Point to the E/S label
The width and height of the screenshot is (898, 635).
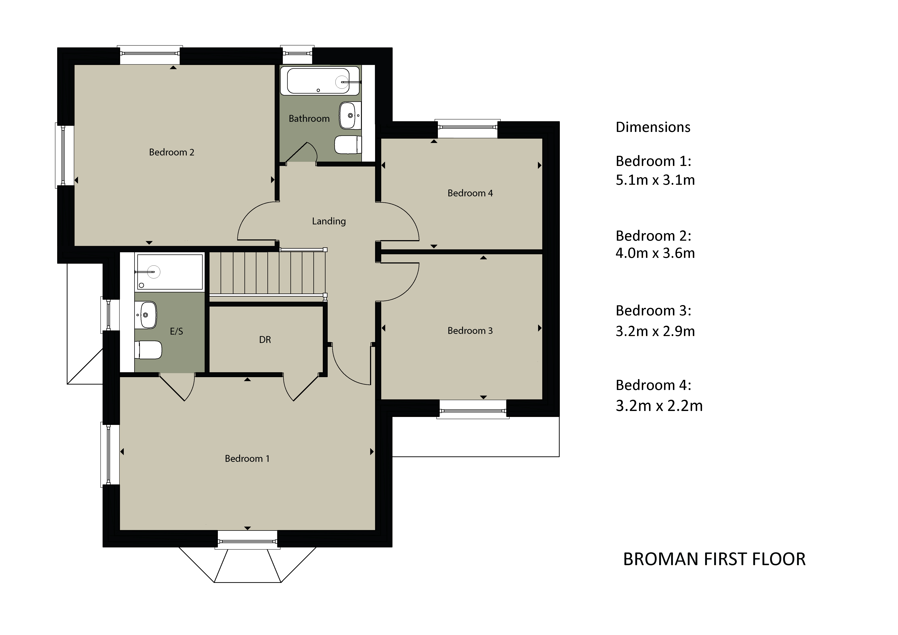click(x=176, y=331)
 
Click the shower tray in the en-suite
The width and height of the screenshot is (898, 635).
click(x=169, y=272)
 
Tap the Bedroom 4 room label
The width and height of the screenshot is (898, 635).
click(x=470, y=193)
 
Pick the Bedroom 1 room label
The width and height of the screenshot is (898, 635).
click(x=247, y=459)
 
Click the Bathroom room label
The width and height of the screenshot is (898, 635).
click(x=309, y=119)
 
